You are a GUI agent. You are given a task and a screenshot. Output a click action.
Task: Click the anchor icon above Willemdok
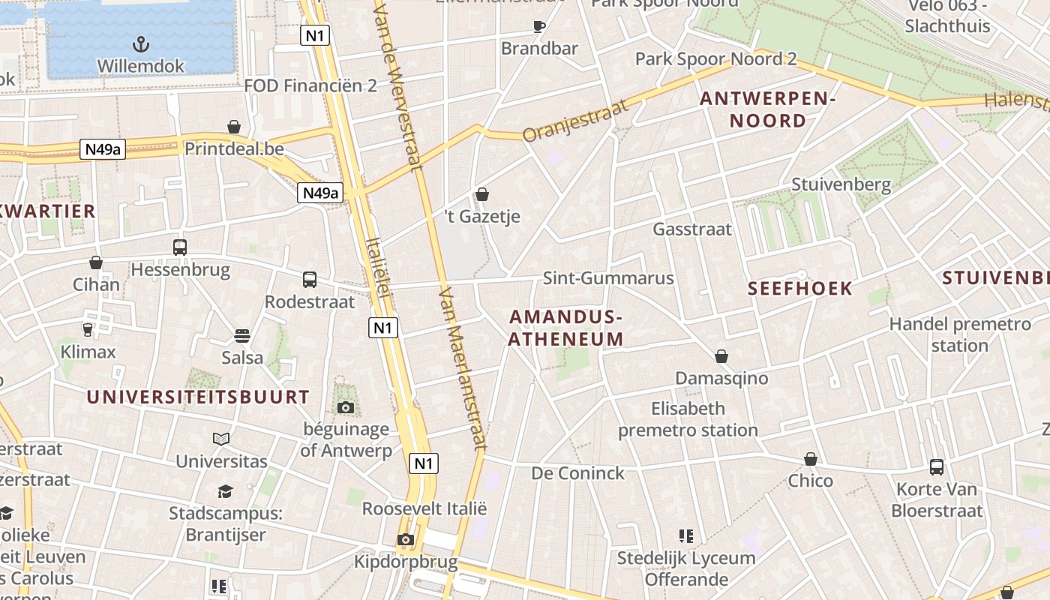(140, 43)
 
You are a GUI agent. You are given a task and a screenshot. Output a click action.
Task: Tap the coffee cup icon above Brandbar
(539, 26)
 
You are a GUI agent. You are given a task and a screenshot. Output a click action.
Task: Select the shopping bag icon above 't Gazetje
(482, 194)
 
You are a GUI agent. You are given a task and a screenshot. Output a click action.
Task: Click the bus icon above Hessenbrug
(180, 247)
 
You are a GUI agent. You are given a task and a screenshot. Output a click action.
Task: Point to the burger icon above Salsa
(241, 335)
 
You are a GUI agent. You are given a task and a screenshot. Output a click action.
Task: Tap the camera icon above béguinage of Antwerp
(345, 407)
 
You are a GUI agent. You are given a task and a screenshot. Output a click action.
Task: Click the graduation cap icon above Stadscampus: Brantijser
(225, 491)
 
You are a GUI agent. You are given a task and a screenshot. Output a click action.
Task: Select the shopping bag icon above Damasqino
(721, 355)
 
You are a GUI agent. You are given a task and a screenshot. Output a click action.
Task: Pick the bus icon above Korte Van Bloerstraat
(937, 466)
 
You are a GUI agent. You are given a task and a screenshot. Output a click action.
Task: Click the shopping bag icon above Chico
(810, 458)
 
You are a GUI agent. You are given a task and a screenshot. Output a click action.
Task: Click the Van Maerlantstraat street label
(463, 367)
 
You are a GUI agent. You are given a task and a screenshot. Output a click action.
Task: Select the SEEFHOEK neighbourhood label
(800, 289)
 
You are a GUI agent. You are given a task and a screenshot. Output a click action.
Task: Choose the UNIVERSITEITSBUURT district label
(198, 397)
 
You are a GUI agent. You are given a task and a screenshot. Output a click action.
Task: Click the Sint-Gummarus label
(608, 278)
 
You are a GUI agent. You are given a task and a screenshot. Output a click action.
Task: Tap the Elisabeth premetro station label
(688, 419)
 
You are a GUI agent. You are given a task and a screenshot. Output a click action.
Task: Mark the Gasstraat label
(692, 229)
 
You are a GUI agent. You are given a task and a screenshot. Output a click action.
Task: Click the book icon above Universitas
(221, 439)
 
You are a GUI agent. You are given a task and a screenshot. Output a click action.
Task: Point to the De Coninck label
(577, 473)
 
